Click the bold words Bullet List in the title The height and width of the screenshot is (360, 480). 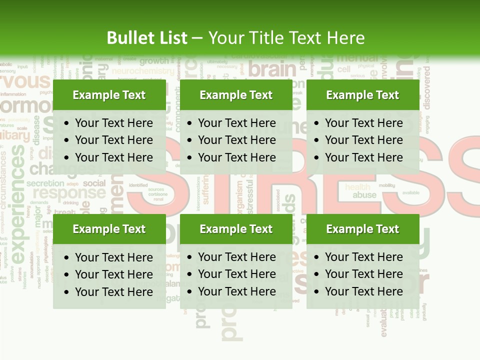pyautogui.click(x=147, y=38)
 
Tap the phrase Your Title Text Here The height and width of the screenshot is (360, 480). pyautogui.click(x=286, y=38)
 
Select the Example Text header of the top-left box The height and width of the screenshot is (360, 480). pyautogui.click(x=109, y=95)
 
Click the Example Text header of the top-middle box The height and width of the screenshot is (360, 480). pyautogui.click(x=236, y=95)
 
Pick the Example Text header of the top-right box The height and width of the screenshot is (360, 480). pyautogui.click(x=362, y=95)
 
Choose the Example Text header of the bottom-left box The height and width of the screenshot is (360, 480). pyautogui.click(x=109, y=229)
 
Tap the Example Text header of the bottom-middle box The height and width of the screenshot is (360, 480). pyautogui.click(x=236, y=229)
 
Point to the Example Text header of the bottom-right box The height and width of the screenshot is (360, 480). pyautogui.click(x=362, y=229)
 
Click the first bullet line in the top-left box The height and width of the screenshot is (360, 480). pyautogui.click(x=113, y=123)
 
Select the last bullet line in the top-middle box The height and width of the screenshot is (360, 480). pyautogui.click(x=236, y=157)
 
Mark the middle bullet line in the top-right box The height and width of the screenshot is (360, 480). pyautogui.click(x=363, y=140)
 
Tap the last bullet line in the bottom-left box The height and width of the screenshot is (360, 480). pyautogui.click(x=113, y=292)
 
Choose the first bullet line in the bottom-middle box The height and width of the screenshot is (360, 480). pyautogui.click(x=236, y=257)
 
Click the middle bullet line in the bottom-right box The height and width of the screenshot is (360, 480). pyautogui.click(x=363, y=274)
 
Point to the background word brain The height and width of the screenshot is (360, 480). pyautogui.click(x=272, y=69)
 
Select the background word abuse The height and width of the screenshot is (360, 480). pyautogui.click(x=364, y=195)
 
